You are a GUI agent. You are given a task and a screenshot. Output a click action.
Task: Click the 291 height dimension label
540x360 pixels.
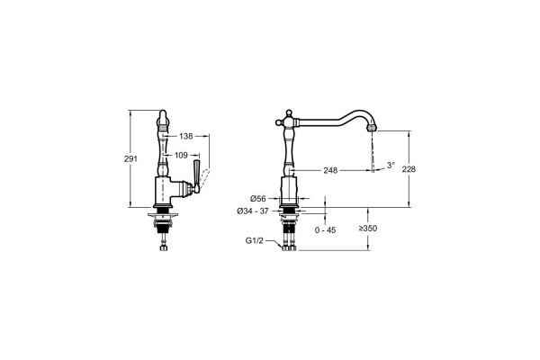coord(130,158)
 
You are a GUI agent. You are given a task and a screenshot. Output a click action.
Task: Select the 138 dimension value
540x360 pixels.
coord(186,137)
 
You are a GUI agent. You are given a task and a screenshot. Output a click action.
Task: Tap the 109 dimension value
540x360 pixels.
coord(181,156)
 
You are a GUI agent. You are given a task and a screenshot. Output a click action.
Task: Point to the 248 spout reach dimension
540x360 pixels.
coord(330,170)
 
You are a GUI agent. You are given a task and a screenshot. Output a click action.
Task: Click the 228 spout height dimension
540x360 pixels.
coord(409,169)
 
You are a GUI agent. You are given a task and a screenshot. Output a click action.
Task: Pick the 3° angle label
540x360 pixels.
coord(391,165)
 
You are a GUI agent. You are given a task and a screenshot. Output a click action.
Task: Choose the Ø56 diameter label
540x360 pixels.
coord(258,198)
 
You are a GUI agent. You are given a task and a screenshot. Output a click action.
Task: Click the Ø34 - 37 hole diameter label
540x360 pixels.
coord(252,211)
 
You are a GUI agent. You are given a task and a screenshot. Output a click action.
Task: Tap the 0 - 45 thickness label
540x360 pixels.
coord(325,229)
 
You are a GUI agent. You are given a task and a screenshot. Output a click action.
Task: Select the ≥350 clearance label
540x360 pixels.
coord(368,228)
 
